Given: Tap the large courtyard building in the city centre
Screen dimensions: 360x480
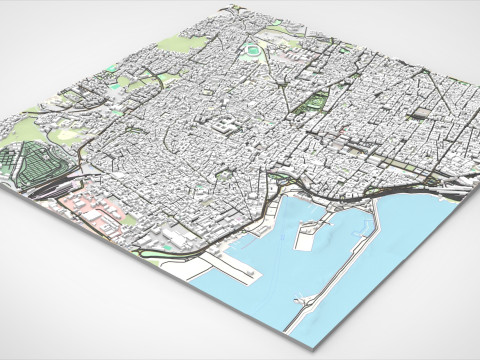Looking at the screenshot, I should tap(226, 127).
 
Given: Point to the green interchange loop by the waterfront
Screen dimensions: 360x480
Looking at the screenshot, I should tap(277, 185).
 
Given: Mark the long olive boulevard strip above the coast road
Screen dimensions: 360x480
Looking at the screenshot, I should tap(400, 164).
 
